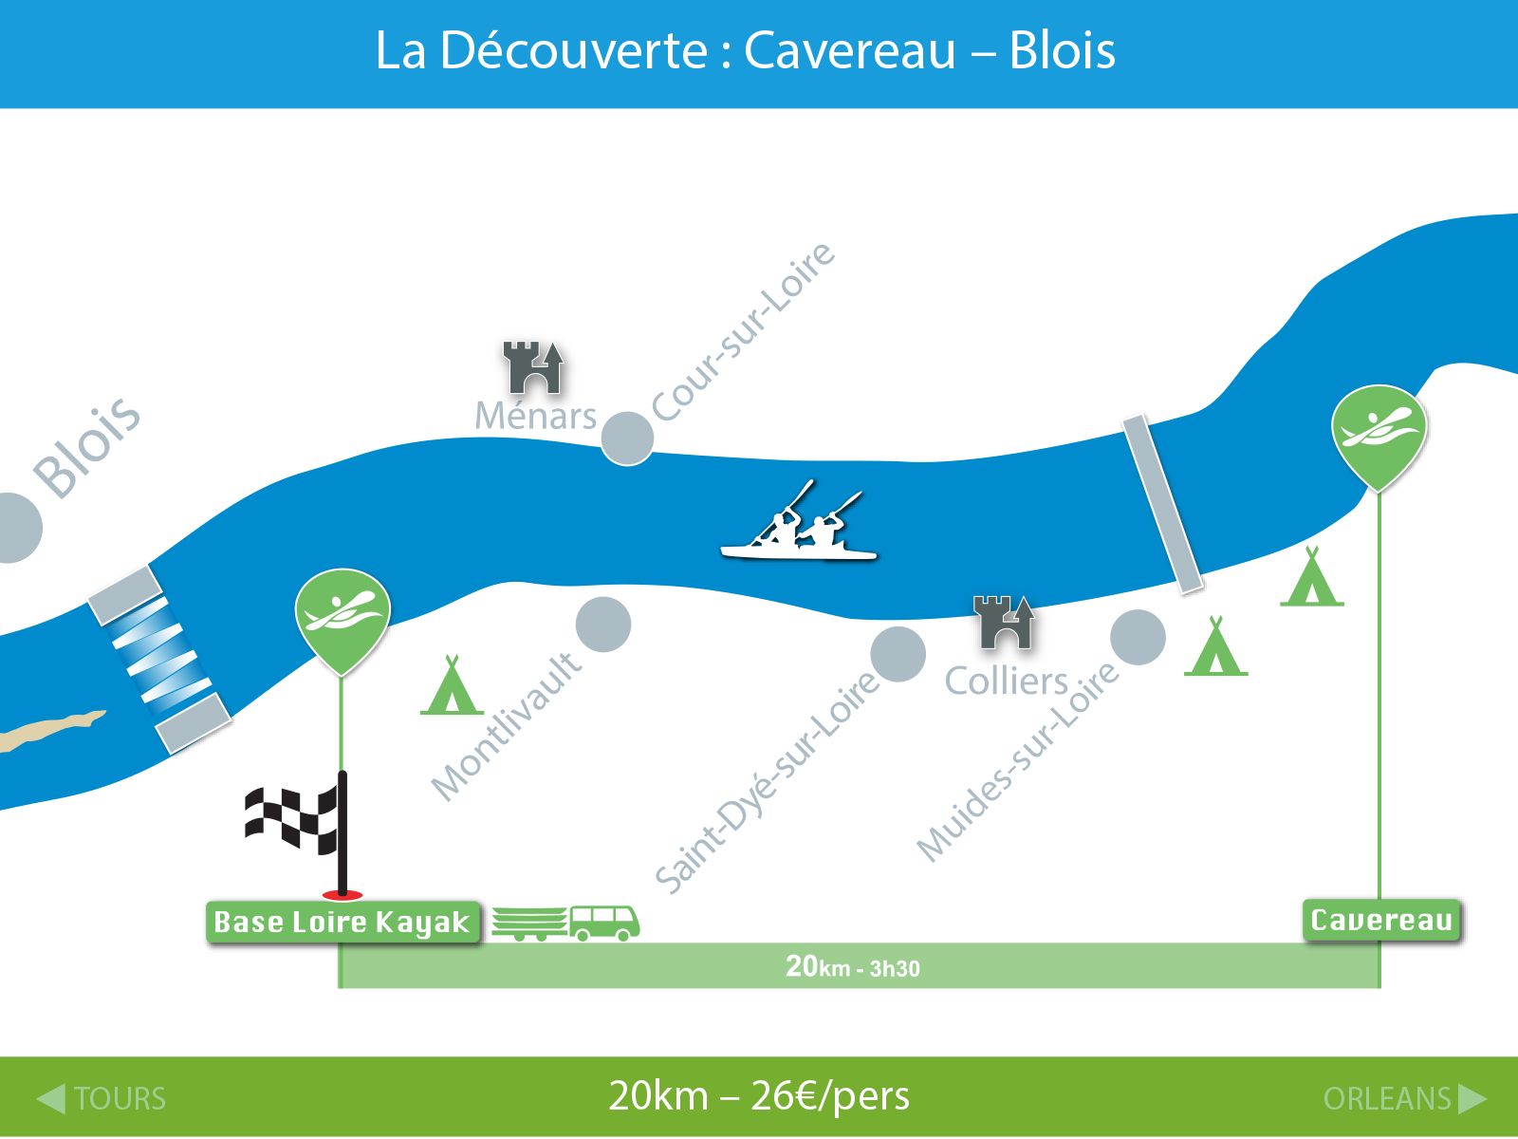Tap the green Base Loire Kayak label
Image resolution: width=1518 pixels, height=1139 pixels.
(x=343, y=922)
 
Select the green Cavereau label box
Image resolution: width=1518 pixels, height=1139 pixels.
(x=1381, y=921)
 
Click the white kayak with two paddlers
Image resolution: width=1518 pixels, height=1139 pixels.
(x=799, y=521)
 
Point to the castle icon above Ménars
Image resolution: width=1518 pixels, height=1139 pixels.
(x=532, y=367)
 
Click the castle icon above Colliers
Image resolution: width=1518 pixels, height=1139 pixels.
(x=1004, y=623)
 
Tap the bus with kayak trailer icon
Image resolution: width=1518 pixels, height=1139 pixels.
(x=565, y=924)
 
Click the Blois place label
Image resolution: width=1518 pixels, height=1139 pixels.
(x=87, y=447)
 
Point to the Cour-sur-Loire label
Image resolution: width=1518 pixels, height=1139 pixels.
(x=744, y=332)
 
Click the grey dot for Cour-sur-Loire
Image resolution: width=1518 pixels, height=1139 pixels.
(x=627, y=439)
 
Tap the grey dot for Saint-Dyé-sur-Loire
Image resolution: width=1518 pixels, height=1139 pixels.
(x=898, y=654)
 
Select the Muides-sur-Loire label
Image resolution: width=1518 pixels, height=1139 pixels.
(x=1017, y=762)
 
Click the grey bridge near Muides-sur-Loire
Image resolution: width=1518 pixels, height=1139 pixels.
(x=1162, y=504)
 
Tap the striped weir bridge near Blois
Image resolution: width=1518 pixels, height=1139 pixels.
(x=159, y=659)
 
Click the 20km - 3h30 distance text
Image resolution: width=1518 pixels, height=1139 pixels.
(x=853, y=967)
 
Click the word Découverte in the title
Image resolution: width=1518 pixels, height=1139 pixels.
(x=573, y=50)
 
